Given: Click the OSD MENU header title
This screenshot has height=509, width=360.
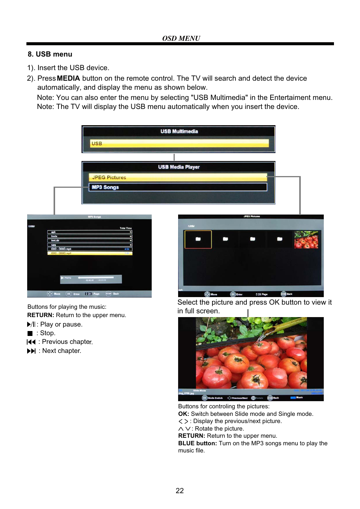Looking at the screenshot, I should coord(181,38).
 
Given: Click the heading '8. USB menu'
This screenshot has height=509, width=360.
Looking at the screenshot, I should coord(50,54).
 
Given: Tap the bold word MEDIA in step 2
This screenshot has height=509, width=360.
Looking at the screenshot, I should coord(68,78).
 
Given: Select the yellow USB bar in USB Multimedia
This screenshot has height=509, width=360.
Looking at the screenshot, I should coord(179,143).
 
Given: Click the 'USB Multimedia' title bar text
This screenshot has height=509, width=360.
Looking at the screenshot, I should coord(179,132).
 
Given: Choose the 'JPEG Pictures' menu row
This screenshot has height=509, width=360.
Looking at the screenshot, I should coord(178,177).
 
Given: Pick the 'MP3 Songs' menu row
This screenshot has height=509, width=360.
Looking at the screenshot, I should coord(178,187).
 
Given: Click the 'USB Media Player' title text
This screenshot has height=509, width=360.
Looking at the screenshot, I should coord(178,167).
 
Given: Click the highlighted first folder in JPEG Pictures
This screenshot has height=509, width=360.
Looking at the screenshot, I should coord(198,239).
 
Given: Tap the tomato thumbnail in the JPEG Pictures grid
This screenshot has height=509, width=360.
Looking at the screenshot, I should coord(306,239).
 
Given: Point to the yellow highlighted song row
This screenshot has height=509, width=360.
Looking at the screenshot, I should coord(90,253).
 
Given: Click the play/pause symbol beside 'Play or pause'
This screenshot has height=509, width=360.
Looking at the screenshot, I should coord(31,324).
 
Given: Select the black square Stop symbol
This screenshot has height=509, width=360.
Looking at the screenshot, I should coord(30,333).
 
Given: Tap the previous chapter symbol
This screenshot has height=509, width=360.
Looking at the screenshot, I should coord(31,342).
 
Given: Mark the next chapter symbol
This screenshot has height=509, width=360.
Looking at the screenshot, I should coord(31,351).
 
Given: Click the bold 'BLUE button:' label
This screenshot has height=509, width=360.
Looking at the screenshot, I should coord(197,443).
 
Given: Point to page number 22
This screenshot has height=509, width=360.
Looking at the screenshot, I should coord(180,491).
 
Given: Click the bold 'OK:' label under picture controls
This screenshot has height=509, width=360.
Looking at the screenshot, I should coord(183,414).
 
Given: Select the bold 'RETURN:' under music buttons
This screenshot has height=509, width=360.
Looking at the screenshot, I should coord(40,315).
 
